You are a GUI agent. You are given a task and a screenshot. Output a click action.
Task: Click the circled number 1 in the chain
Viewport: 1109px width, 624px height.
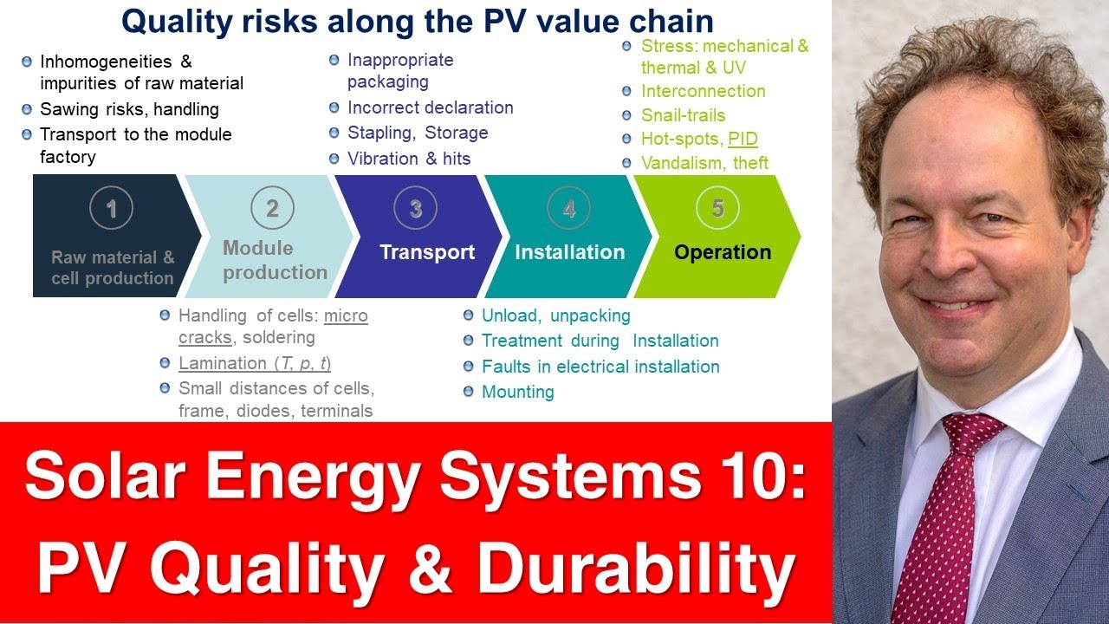(111, 208)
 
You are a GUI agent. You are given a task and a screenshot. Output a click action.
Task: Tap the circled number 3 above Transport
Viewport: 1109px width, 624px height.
(416, 208)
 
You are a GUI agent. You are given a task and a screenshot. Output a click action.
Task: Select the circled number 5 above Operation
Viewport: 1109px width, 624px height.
(718, 208)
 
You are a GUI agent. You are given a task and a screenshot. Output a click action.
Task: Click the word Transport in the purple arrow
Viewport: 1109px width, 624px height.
(427, 252)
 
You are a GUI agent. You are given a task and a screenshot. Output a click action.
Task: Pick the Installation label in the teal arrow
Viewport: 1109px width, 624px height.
(569, 252)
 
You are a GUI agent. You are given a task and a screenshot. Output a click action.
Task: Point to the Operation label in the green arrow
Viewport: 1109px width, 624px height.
(723, 252)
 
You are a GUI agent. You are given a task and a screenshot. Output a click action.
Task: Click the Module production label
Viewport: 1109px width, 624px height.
(275, 260)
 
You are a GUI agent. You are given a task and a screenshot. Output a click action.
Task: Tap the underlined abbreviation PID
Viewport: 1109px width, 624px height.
(743, 139)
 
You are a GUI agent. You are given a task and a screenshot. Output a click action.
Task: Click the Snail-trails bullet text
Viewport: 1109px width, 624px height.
(683, 115)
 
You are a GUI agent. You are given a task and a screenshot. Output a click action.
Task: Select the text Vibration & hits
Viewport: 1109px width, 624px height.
(409, 158)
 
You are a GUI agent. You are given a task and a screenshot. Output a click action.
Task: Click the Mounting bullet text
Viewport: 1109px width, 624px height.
(517, 392)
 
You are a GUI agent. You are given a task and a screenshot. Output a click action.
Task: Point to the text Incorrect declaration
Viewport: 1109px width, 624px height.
(430, 107)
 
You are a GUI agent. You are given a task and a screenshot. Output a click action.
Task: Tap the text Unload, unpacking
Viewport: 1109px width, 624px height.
(555, 315)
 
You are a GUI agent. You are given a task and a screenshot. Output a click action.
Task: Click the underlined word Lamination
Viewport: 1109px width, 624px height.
(222, 363)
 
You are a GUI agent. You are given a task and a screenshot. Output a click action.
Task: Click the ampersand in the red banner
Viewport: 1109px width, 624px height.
(431, 570)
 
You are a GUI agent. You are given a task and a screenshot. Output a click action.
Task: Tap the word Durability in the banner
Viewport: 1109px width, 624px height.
(635, 570)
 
